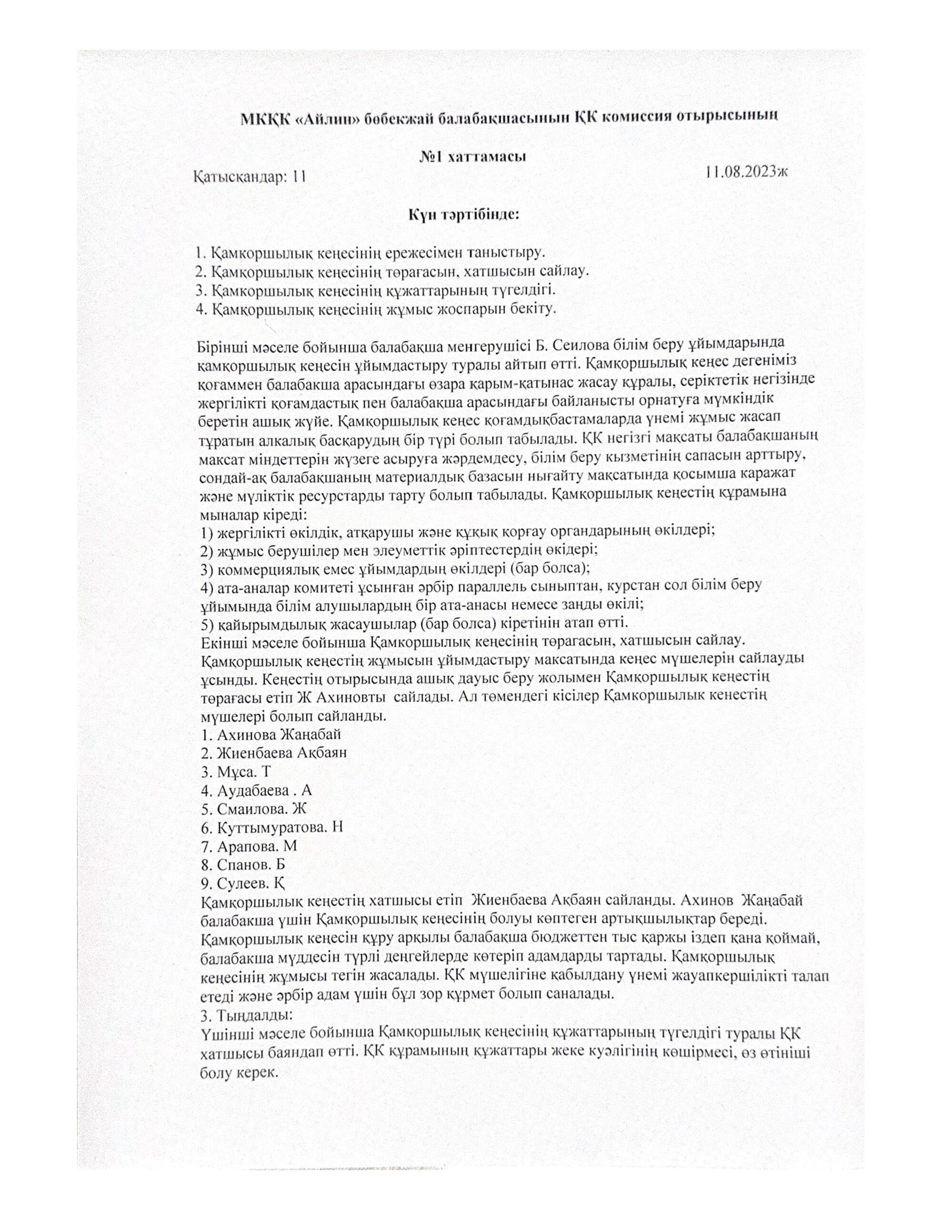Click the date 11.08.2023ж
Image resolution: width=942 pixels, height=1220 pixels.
pyautogui.click(x=745, y=172)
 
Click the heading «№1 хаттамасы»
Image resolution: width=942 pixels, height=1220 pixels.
pyautogui.click(x=473, y=157)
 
